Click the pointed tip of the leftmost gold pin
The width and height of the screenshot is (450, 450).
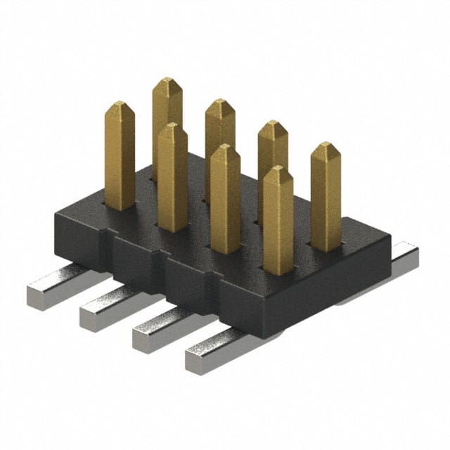coord(119,105)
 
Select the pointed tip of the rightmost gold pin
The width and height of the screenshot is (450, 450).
coord(326,147)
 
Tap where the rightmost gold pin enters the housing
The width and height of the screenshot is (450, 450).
coord(326,247)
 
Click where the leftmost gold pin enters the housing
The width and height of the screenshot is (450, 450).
coord(120,207)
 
